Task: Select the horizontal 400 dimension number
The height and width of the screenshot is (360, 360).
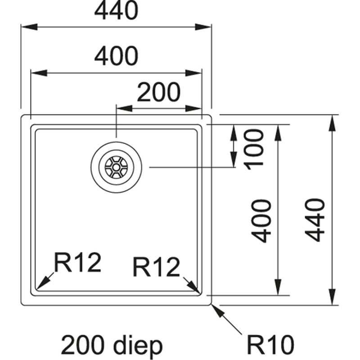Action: point(116,56)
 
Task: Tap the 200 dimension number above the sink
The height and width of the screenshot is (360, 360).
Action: point(158,92)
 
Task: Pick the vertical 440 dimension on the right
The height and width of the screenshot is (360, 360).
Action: point(315,220)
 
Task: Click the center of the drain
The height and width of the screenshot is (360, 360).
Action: point(117,167)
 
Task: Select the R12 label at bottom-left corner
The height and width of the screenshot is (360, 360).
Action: point(77,263)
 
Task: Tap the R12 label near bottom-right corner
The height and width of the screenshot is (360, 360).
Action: point(156,268)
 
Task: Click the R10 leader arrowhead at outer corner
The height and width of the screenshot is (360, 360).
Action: point(215,309)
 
